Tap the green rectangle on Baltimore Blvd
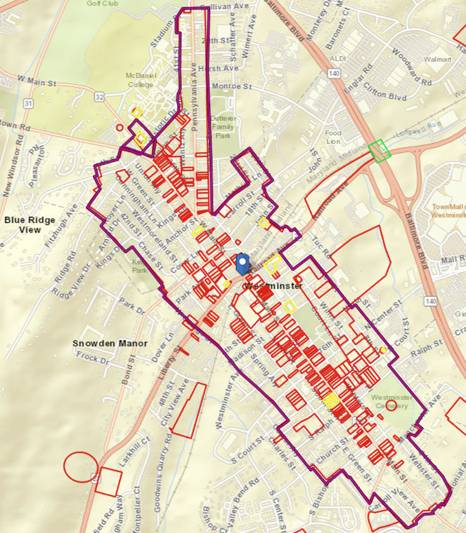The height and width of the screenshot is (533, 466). coord(377,151)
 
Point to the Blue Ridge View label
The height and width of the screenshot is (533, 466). coord(29,224)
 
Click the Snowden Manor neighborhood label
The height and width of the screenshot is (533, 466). coord(109,343)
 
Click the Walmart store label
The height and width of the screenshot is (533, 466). coord(437,59)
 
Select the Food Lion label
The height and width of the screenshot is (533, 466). coord(334,137)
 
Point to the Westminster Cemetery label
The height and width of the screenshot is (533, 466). coord(391,401)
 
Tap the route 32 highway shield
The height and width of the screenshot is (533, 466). coord(99,97)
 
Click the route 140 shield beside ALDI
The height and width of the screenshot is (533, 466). coord(336,74)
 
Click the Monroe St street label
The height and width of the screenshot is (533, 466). coord(231,87)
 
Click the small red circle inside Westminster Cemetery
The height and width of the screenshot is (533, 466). coord(391,407)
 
